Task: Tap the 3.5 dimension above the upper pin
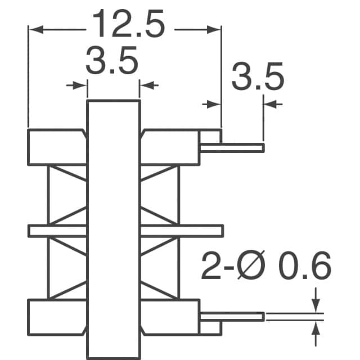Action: point(257,80)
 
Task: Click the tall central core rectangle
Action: point(113,225)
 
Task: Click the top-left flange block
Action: point(56,147)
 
